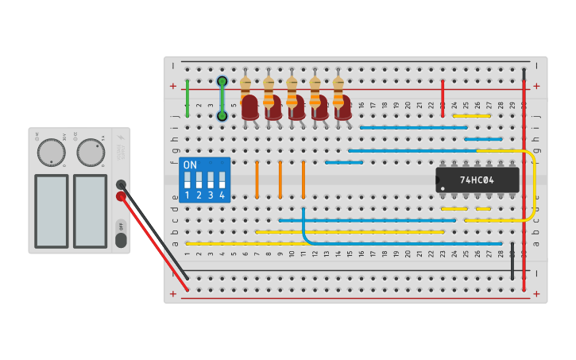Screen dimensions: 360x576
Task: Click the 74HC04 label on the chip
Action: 477,180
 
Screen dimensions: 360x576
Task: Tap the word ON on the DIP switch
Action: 190,165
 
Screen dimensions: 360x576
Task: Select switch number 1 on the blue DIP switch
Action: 187,182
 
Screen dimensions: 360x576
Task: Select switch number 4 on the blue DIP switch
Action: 222,182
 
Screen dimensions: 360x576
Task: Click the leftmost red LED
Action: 249,107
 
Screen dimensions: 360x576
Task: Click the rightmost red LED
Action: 342,107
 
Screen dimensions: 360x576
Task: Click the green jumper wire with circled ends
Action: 222,99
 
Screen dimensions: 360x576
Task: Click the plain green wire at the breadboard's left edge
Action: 187,99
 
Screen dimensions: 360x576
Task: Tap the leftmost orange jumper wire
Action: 257,179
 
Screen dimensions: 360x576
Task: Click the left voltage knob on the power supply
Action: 51,152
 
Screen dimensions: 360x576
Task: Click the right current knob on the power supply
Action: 91,152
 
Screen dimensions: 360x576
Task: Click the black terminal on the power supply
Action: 121,184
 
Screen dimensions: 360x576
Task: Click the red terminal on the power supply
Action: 121,196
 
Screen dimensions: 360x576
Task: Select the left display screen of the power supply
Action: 51,211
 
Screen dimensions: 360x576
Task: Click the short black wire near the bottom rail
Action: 512,260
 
